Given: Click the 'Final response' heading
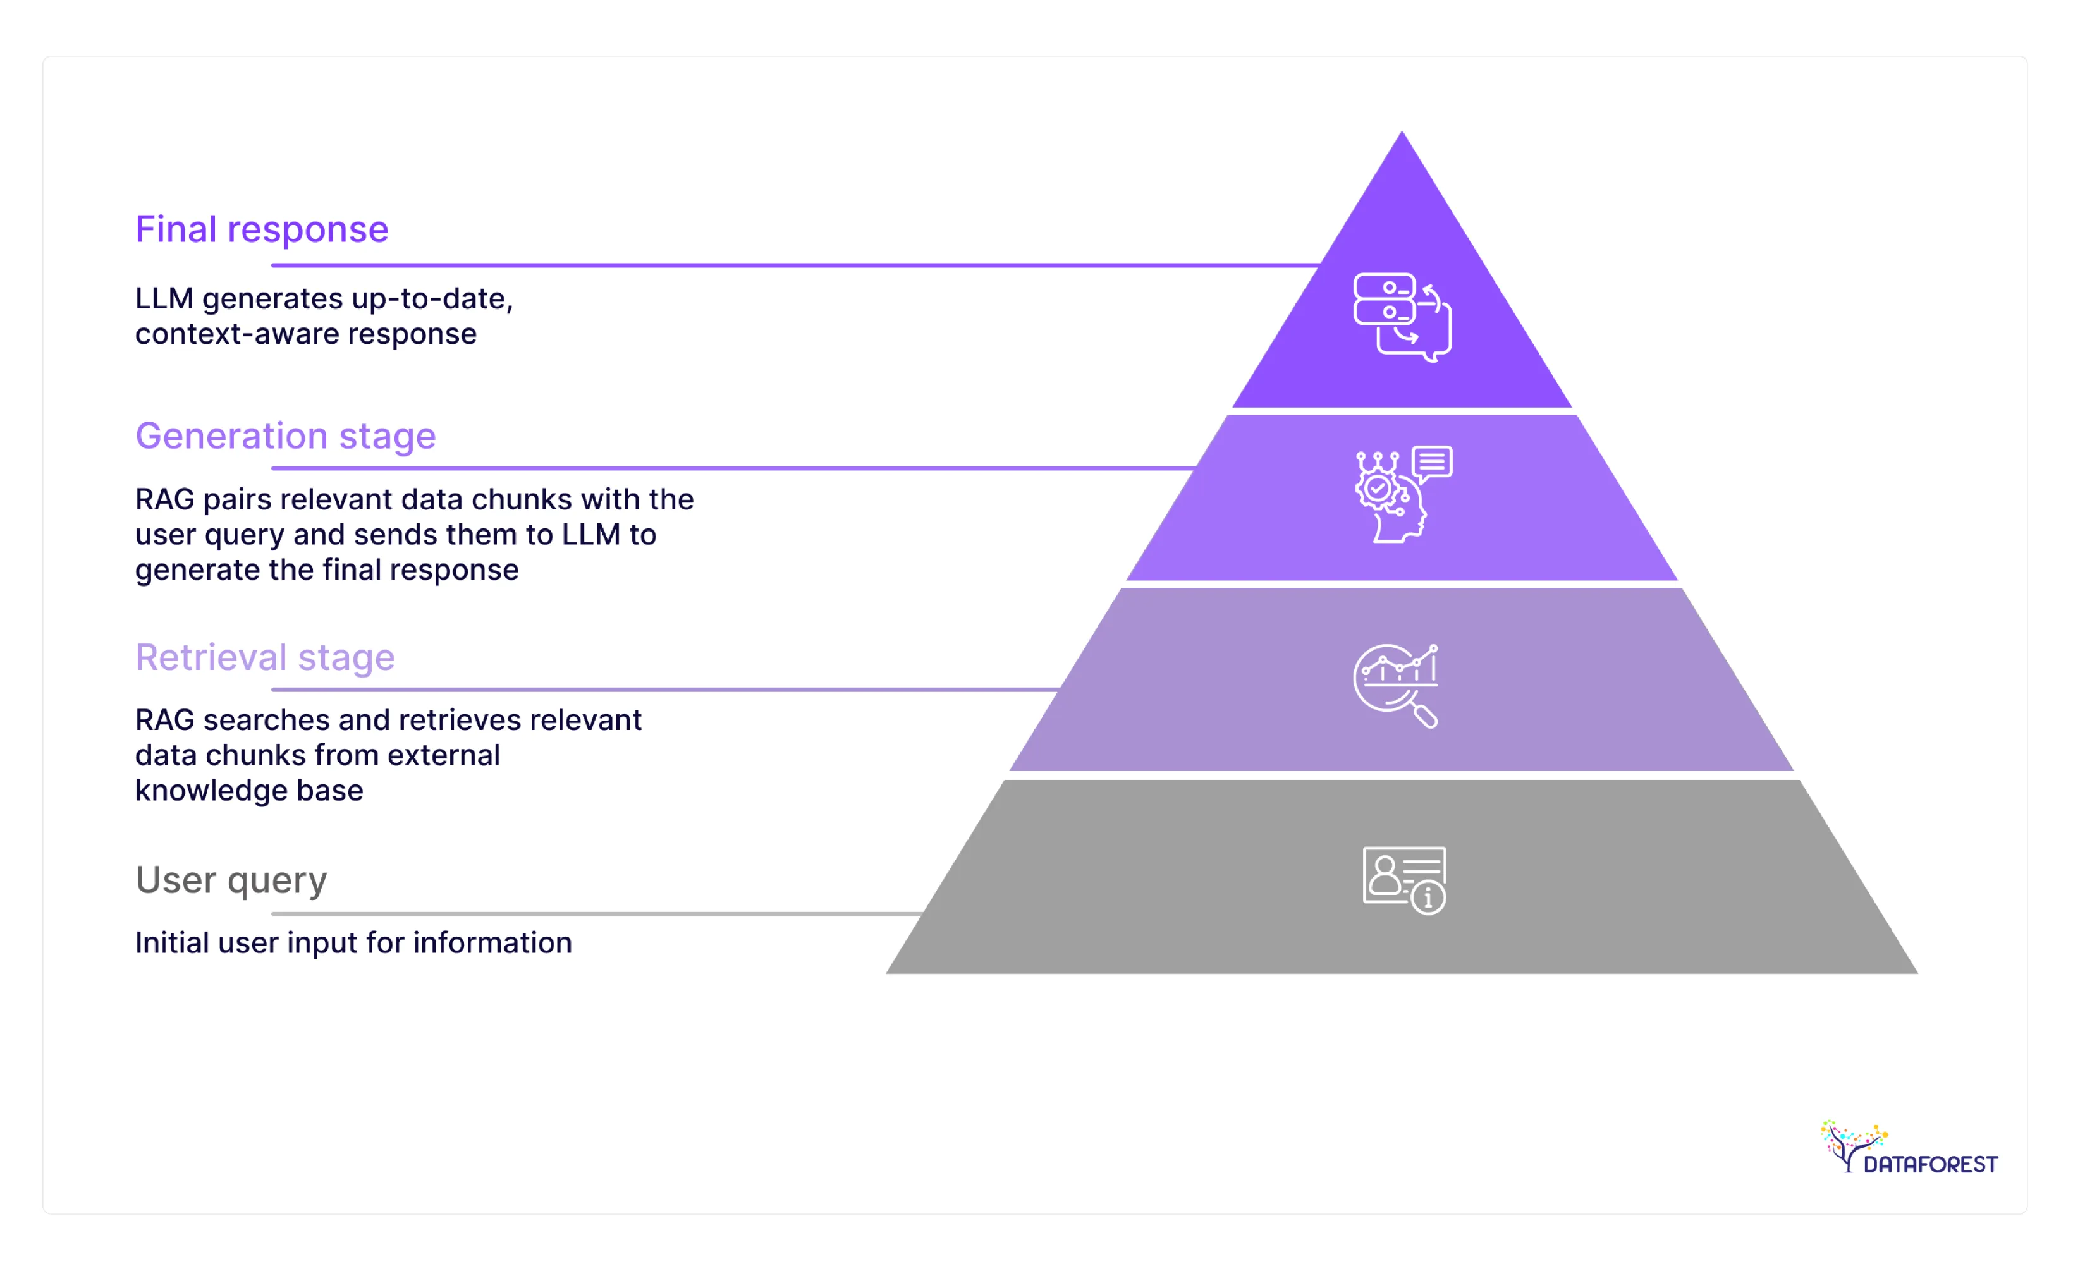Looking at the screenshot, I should pyautogui.click(x=262, y=229).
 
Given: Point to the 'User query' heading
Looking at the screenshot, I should pyautogui.click(x=231, y=880).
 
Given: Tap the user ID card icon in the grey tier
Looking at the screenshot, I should pyautogui.click(x=1403, y=880).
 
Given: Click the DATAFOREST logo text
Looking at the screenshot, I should pyautogui.click(x=1930, y=1164).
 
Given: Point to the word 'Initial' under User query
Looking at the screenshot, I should pyautogui.click(x=171, y=943).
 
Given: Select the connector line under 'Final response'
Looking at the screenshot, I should pyautogui.click(x=791, y=266).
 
